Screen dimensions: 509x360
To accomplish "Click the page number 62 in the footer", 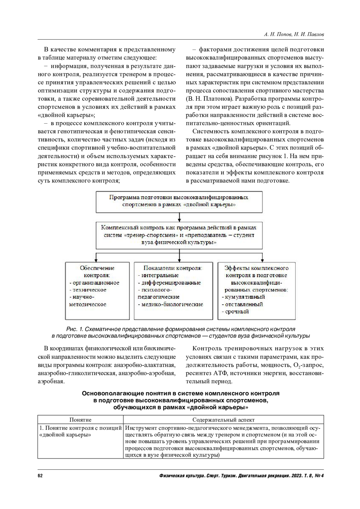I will pyautogui.click(x=40, y=476).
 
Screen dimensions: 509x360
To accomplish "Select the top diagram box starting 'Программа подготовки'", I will pyautogui.click(x=179, y=201).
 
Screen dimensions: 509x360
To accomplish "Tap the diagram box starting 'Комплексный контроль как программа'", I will pyautogui.click(x=179, y=235).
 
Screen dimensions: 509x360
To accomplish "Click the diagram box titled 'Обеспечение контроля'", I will pyautogui.click(x=97, y=291).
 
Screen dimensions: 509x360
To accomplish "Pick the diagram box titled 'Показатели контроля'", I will pyautogui.click(x=173, y=291).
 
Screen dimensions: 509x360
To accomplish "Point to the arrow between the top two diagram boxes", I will pyautogui.click(x=179, y=217).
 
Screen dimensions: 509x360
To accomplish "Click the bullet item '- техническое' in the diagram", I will pyautogui.click(x=88, y=290).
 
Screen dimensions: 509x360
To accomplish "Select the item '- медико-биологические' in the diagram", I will pyautogui.click(x=171, y=304).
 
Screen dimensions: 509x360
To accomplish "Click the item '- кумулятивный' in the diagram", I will pyautogui.click(x=244, y=297).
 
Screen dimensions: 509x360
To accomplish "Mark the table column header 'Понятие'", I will pyautogui.click(x=80, y=420).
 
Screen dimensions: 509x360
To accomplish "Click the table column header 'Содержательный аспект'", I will pyautogui.click(x=223, y=420).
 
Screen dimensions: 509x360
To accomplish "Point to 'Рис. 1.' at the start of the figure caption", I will pyautogui.click(x=75, y=329).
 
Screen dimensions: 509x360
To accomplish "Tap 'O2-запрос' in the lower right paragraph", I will pyautogui.click(x=307, y=365).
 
